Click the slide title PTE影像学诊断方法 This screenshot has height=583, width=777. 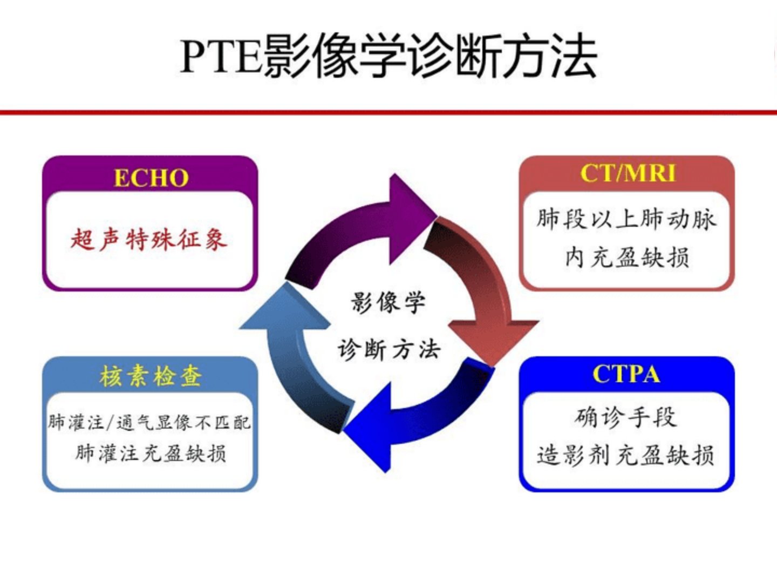(388, 56)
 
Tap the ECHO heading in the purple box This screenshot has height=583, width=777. (151, 178)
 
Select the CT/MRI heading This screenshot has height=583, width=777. (628, 173)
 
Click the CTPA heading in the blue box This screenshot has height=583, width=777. (626, 374)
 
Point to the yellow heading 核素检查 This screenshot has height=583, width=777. (151, 376)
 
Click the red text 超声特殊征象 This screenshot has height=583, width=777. (149, 240)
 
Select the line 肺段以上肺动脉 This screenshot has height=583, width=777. (626, 219)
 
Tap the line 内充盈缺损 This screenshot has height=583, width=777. (627, 257)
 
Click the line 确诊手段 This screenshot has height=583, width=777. (626, 417)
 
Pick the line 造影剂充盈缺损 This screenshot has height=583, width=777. (625, 455)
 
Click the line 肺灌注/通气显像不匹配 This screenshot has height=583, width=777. (149, 422)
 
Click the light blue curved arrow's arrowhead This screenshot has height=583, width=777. (285, 306)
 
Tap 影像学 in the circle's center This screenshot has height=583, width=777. (388, 303)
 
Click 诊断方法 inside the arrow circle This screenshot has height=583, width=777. (389, 349)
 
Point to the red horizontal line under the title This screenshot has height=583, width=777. (388, 113)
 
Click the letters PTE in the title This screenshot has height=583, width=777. (221, 57)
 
